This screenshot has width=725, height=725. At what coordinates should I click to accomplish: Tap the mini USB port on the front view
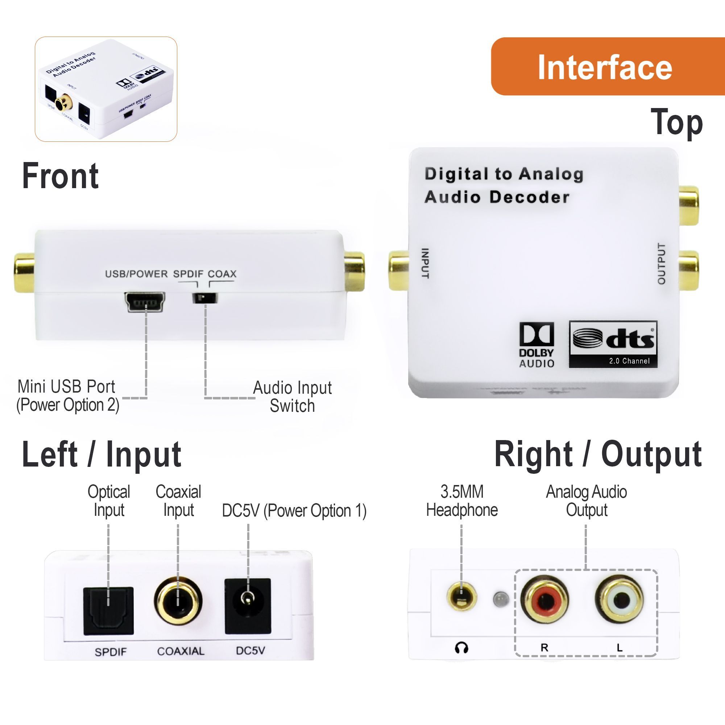click(x=145, y=302)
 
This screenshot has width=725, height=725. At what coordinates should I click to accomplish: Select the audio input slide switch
click(x=205, y=298)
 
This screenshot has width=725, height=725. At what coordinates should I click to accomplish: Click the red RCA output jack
click(x=544, y=600)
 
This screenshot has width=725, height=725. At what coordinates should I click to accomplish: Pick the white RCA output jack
click(x=620, y=599)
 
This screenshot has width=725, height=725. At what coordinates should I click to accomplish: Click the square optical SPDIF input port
click(x=108, y=610)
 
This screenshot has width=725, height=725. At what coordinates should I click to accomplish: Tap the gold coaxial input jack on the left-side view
click(x=178, y=601)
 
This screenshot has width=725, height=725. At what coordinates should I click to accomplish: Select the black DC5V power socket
click(x=248, y=606)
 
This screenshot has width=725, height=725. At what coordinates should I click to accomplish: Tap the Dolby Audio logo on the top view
click(x=536, y=344)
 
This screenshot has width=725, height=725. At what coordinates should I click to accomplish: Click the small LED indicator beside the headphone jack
click(x=501, y=599)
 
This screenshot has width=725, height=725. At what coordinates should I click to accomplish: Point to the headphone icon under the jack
click(x=461, y=648)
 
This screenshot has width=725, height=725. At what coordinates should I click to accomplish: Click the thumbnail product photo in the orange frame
click(x=106, y=89)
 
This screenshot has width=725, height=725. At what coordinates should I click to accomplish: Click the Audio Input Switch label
click(x=292, y=397)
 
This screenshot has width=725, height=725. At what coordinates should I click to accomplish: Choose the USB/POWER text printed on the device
click(x=136, y=274)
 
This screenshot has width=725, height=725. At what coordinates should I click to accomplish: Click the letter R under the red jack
click(x=544, y=647)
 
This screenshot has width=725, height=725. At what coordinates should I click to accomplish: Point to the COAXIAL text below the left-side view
click(x=181, y=651)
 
